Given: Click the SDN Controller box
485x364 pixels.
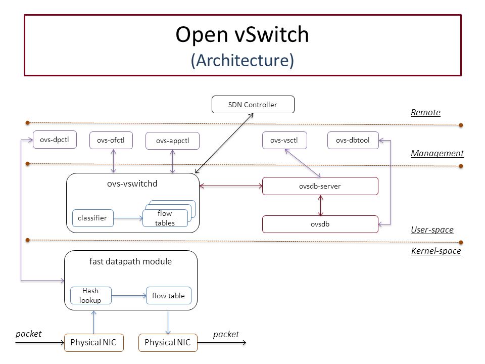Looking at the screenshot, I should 253,105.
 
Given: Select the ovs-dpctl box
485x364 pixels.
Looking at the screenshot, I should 55,140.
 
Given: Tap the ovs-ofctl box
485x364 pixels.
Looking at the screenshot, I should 111,140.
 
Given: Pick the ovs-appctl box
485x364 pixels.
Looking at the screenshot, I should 172,141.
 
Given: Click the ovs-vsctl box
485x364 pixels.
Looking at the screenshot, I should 284,140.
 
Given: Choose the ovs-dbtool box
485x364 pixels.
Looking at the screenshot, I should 353,140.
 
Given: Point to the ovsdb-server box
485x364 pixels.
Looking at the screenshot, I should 320,186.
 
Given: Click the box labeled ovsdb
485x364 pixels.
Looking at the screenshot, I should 320,224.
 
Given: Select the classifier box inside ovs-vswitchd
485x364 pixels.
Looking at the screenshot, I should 92,218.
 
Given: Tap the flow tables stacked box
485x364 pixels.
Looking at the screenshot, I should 165,218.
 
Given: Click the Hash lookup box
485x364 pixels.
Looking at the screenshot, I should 90,296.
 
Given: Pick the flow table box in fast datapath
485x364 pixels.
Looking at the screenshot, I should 168,296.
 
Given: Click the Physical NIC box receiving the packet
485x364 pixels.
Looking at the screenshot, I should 93,343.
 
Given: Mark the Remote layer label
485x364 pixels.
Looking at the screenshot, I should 425,112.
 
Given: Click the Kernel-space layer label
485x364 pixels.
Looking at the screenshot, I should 436,251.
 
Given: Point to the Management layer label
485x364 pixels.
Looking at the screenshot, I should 437,153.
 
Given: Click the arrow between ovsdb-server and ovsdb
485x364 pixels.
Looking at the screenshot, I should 320,205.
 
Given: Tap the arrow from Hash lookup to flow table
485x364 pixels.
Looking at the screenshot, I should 129,296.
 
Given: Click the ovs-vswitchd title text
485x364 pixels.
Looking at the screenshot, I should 132,184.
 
